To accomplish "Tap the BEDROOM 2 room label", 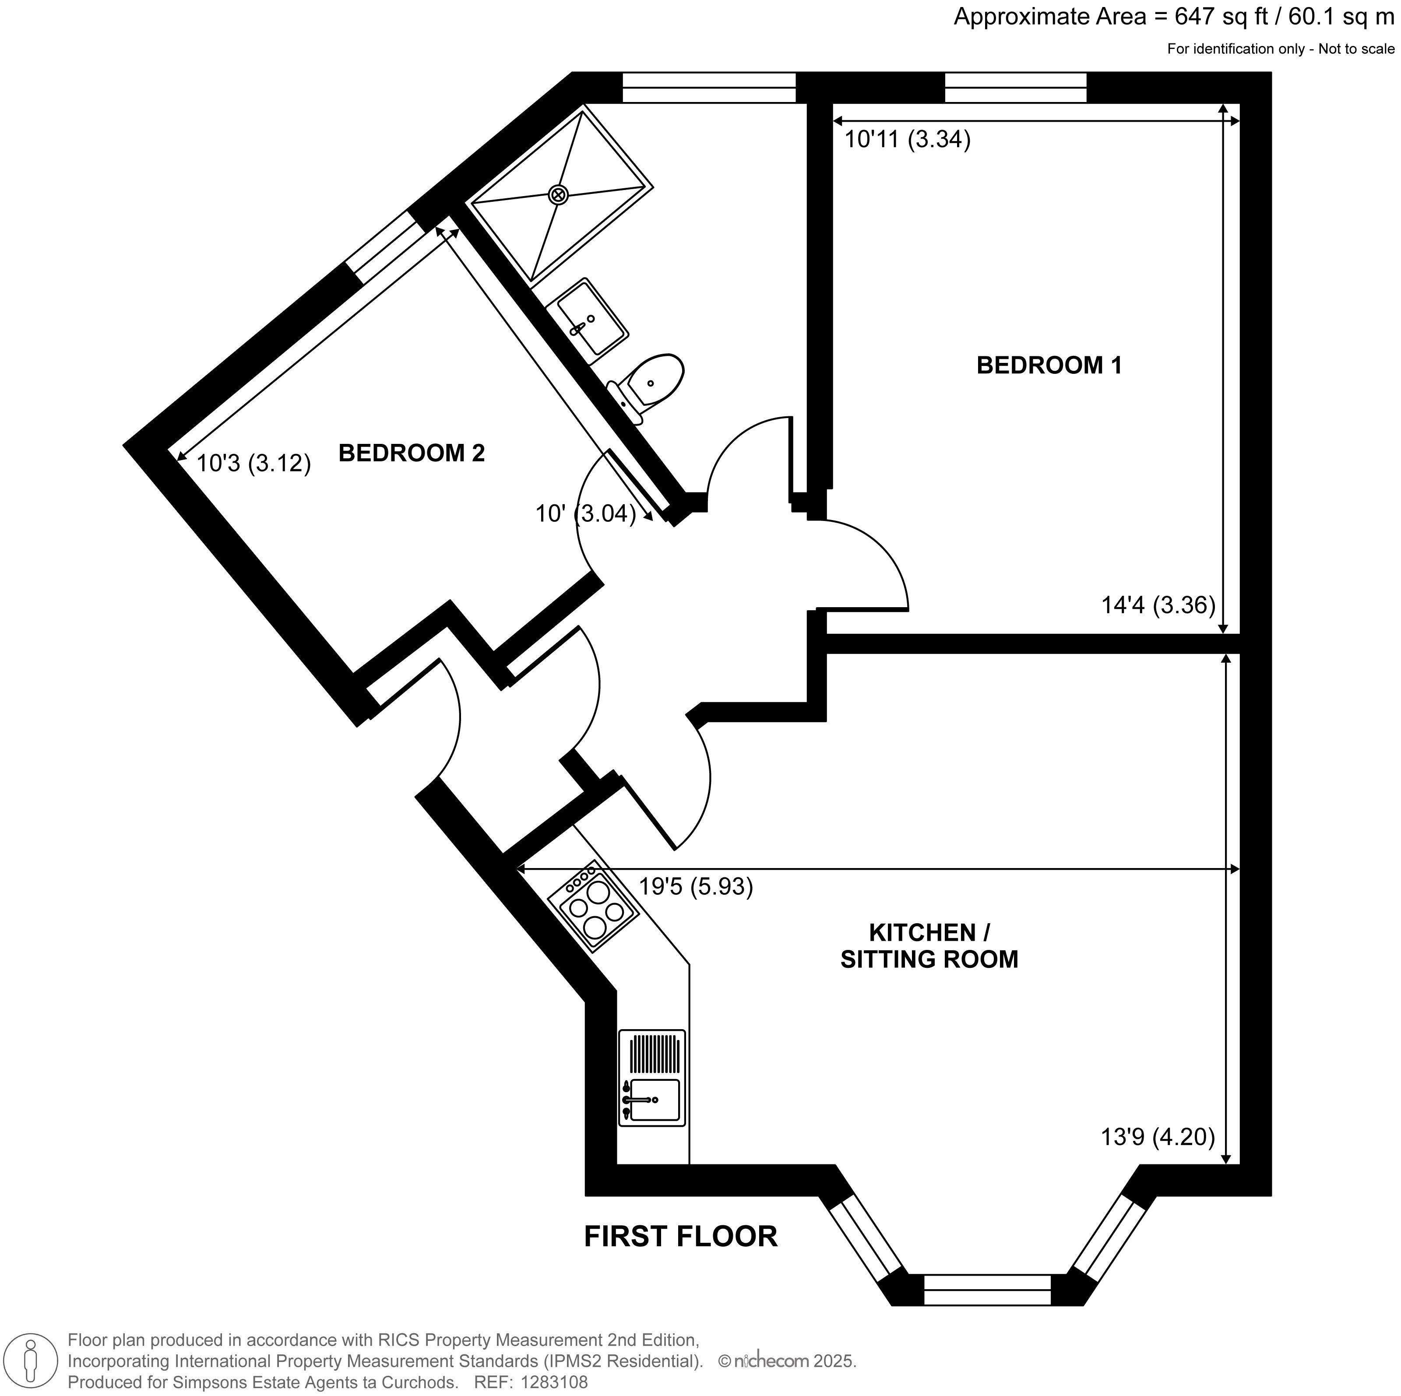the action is tap(411, 453).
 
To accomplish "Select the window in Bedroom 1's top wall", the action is tap(1015, 88).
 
